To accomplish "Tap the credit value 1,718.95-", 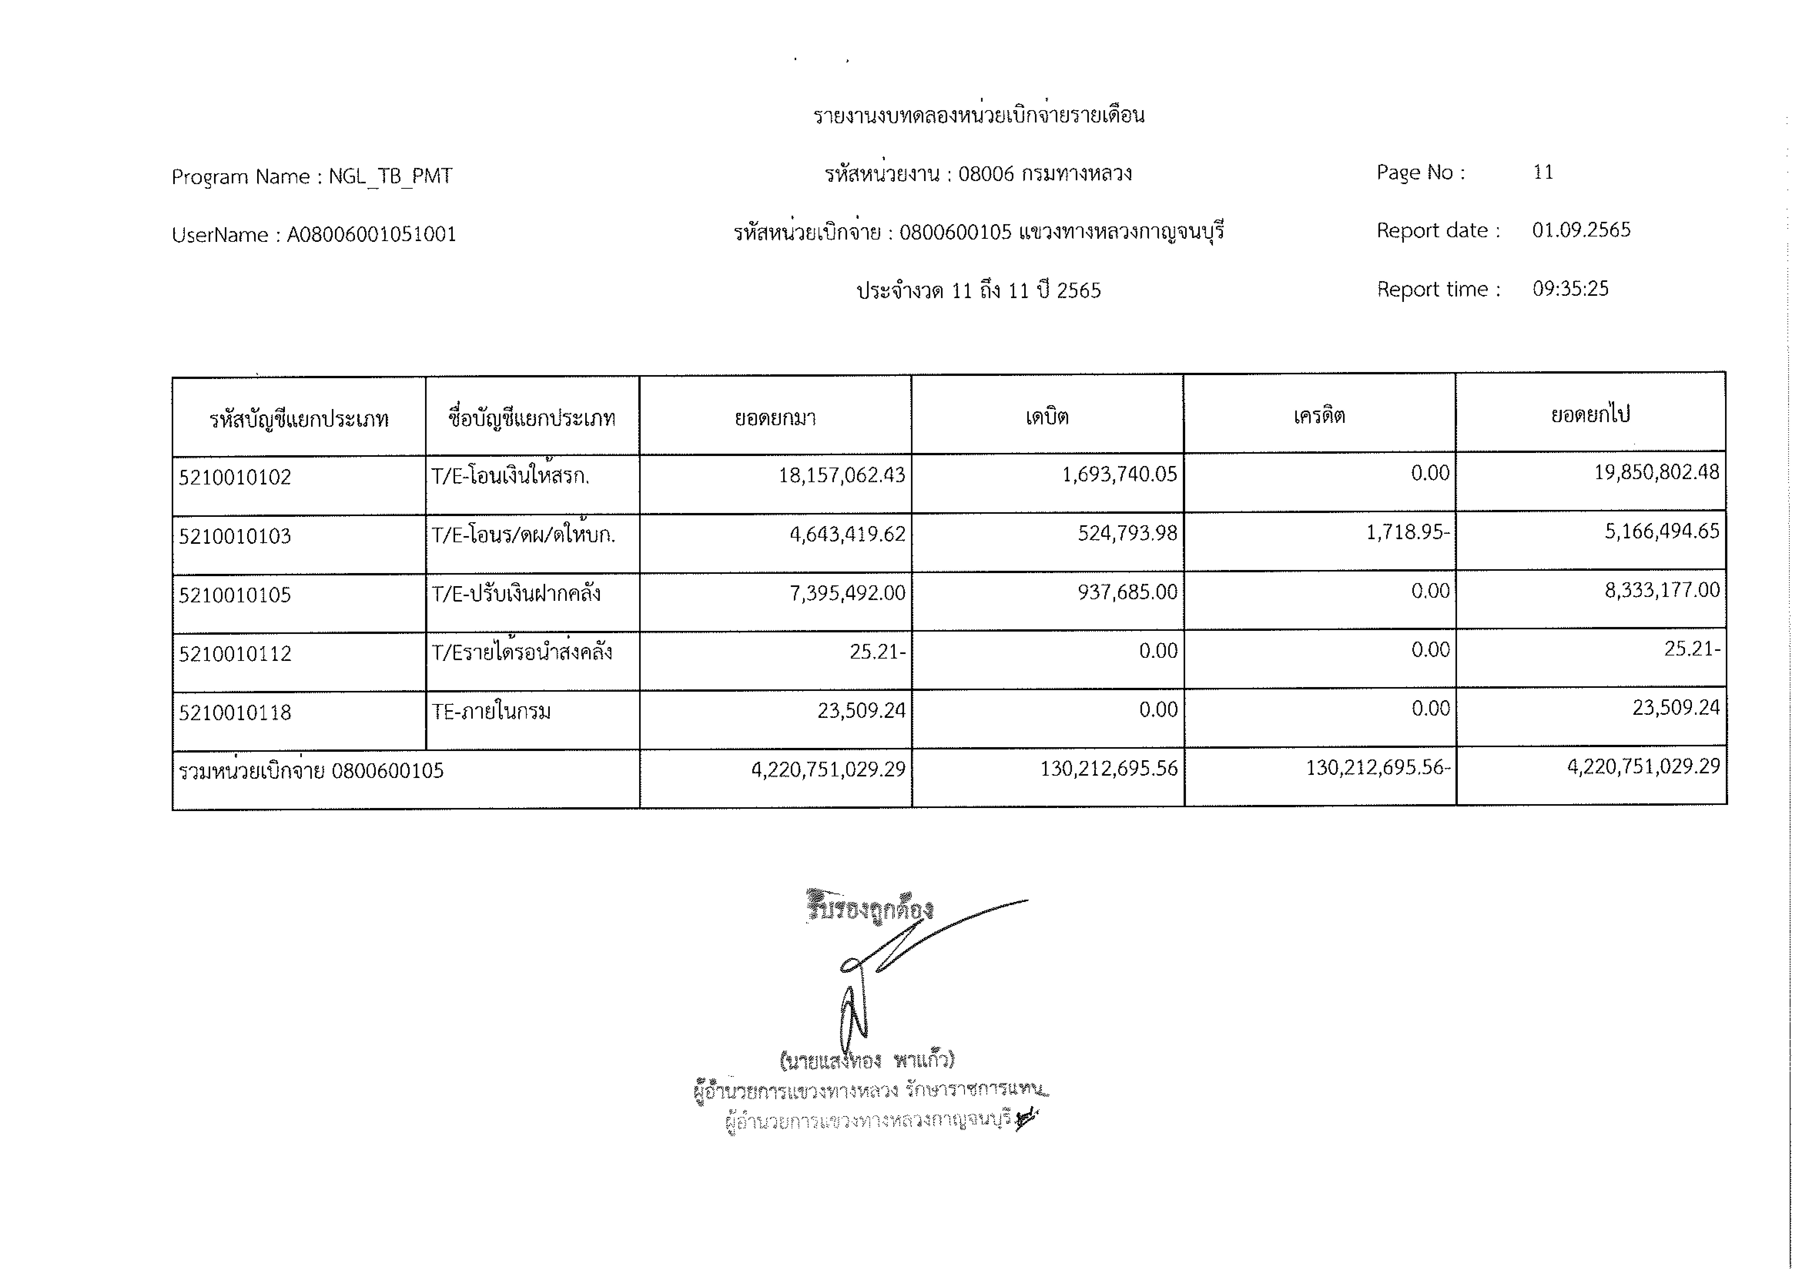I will pos(1408,533).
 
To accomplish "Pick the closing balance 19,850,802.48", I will pos(1657,472).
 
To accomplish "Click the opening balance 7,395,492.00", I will pos(847,593).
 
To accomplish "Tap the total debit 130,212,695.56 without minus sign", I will pos(1108,769).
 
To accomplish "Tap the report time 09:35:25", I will pos(1570,289).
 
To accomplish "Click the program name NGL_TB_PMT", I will pos(390,176).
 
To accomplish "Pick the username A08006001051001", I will pos(371,235).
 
